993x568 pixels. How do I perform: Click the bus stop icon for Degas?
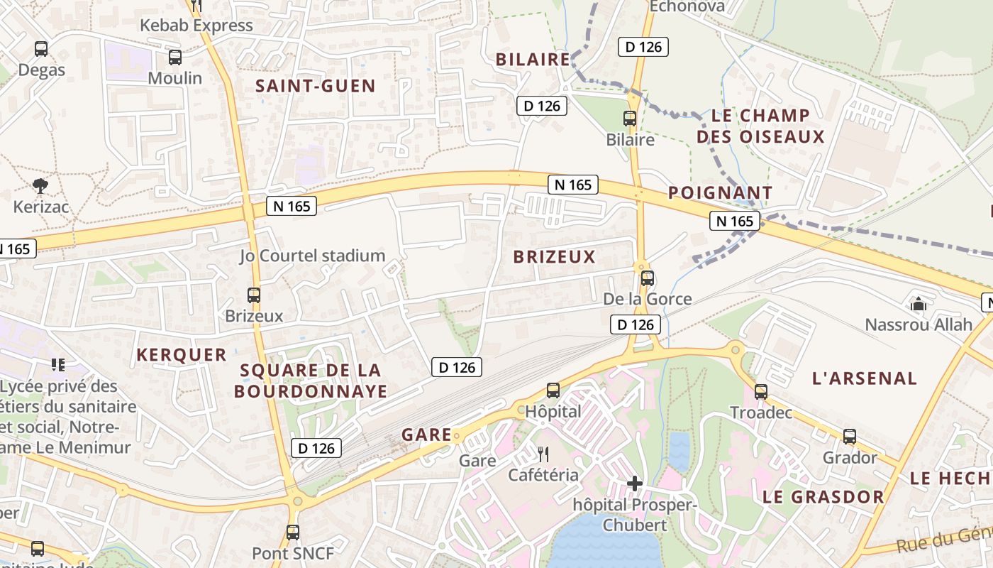[x=41, y=49]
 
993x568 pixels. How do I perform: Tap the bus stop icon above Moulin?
[x=174, y=58]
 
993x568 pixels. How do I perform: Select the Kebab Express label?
[x=196, y=26]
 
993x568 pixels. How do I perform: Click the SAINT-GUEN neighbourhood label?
[x=315, y=87]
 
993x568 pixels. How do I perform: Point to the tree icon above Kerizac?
[x=40, y=186]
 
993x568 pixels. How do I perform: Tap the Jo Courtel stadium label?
[x=312, y=256]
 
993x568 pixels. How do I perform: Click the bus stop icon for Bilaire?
[x=630, y=119]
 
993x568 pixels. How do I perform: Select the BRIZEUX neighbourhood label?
[x=554, y=257]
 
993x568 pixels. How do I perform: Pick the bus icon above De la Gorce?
[x=647, y=278]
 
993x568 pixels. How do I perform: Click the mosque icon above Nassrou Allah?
[x=919, y=305]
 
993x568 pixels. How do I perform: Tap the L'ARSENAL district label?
[x=864, y=378]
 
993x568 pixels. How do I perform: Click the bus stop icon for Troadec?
[x=761, y=391]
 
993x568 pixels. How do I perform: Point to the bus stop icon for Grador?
[x=850, y=437]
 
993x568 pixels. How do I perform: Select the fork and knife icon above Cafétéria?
[x=543, y=454]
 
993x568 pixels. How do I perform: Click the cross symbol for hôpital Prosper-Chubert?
[x=635, y=484]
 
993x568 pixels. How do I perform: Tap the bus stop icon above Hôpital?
[x=553, y=390]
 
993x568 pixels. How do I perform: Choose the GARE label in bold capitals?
[x=426, y=435]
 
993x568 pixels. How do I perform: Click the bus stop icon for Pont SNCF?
[x=292, y=532]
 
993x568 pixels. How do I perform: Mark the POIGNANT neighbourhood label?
[x=720, y=192]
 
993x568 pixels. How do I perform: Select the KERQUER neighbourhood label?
[x=182, y=355]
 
